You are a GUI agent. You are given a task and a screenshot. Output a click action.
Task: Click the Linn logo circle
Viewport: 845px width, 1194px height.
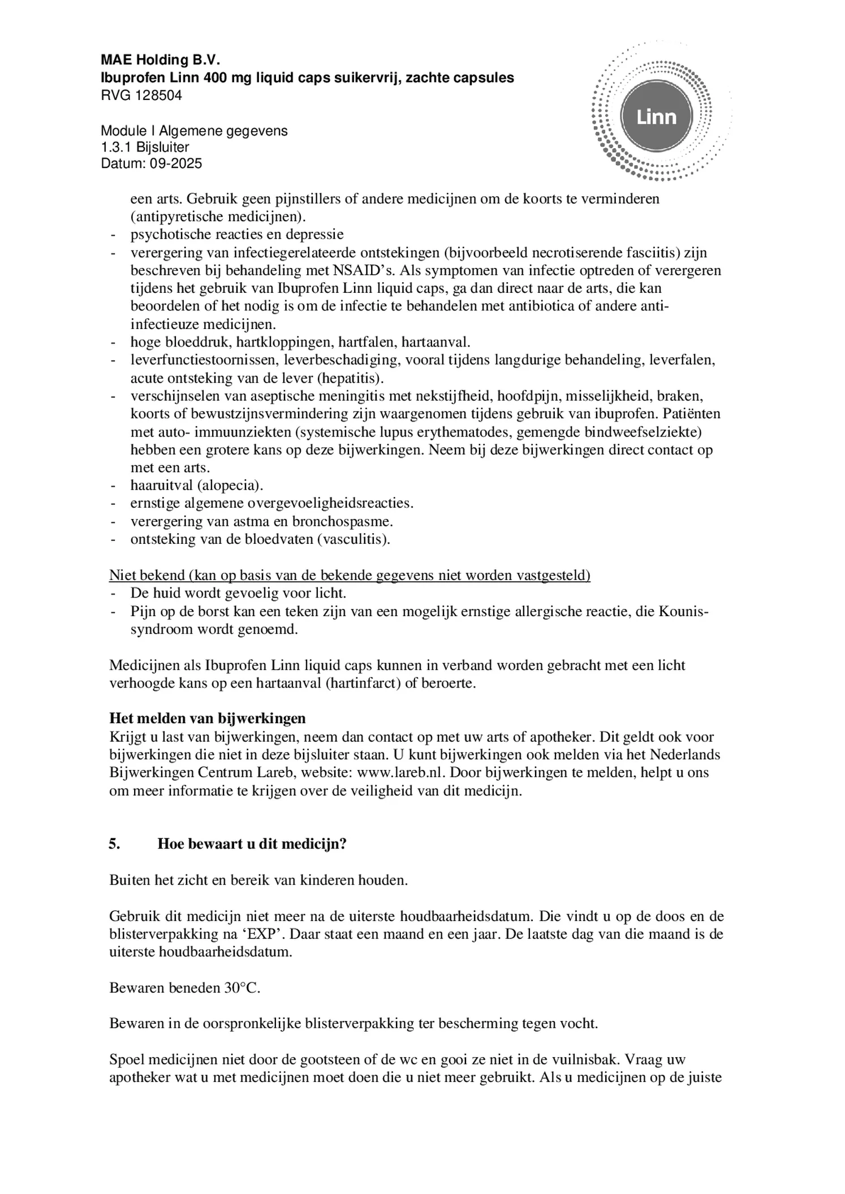[x=656, y=117]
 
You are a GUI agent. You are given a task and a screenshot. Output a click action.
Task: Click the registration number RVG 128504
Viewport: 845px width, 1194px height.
[x=141, y=96]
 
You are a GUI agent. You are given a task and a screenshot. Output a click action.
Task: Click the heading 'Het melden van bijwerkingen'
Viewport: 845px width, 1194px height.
[x=207, y=719]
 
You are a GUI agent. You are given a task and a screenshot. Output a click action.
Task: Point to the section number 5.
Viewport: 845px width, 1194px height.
[x=114, y=844]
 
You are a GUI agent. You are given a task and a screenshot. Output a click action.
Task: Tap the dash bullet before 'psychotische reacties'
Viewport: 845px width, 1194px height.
[x=114, y=234]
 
